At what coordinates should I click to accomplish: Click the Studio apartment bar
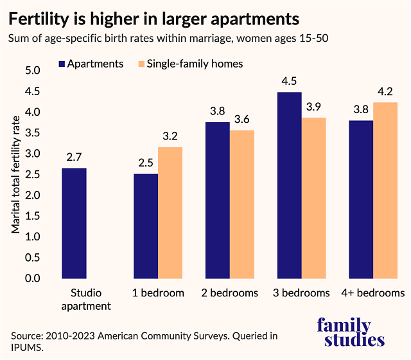tap(74, 223)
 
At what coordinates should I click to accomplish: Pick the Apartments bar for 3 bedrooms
tap(289, 185)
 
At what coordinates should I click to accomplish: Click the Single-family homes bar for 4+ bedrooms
tap(385, 190)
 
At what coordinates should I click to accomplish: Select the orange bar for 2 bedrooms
tap(242, 204)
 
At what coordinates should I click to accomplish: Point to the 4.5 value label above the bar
tap(289, 82)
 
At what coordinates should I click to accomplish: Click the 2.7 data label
tap(74, 157)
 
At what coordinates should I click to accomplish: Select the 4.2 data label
tap(385, 91)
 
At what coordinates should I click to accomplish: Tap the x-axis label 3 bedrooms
tap(301, 293)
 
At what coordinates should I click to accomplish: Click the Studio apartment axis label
tap(86, 300)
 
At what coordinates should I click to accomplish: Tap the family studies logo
tap(353, 332)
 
